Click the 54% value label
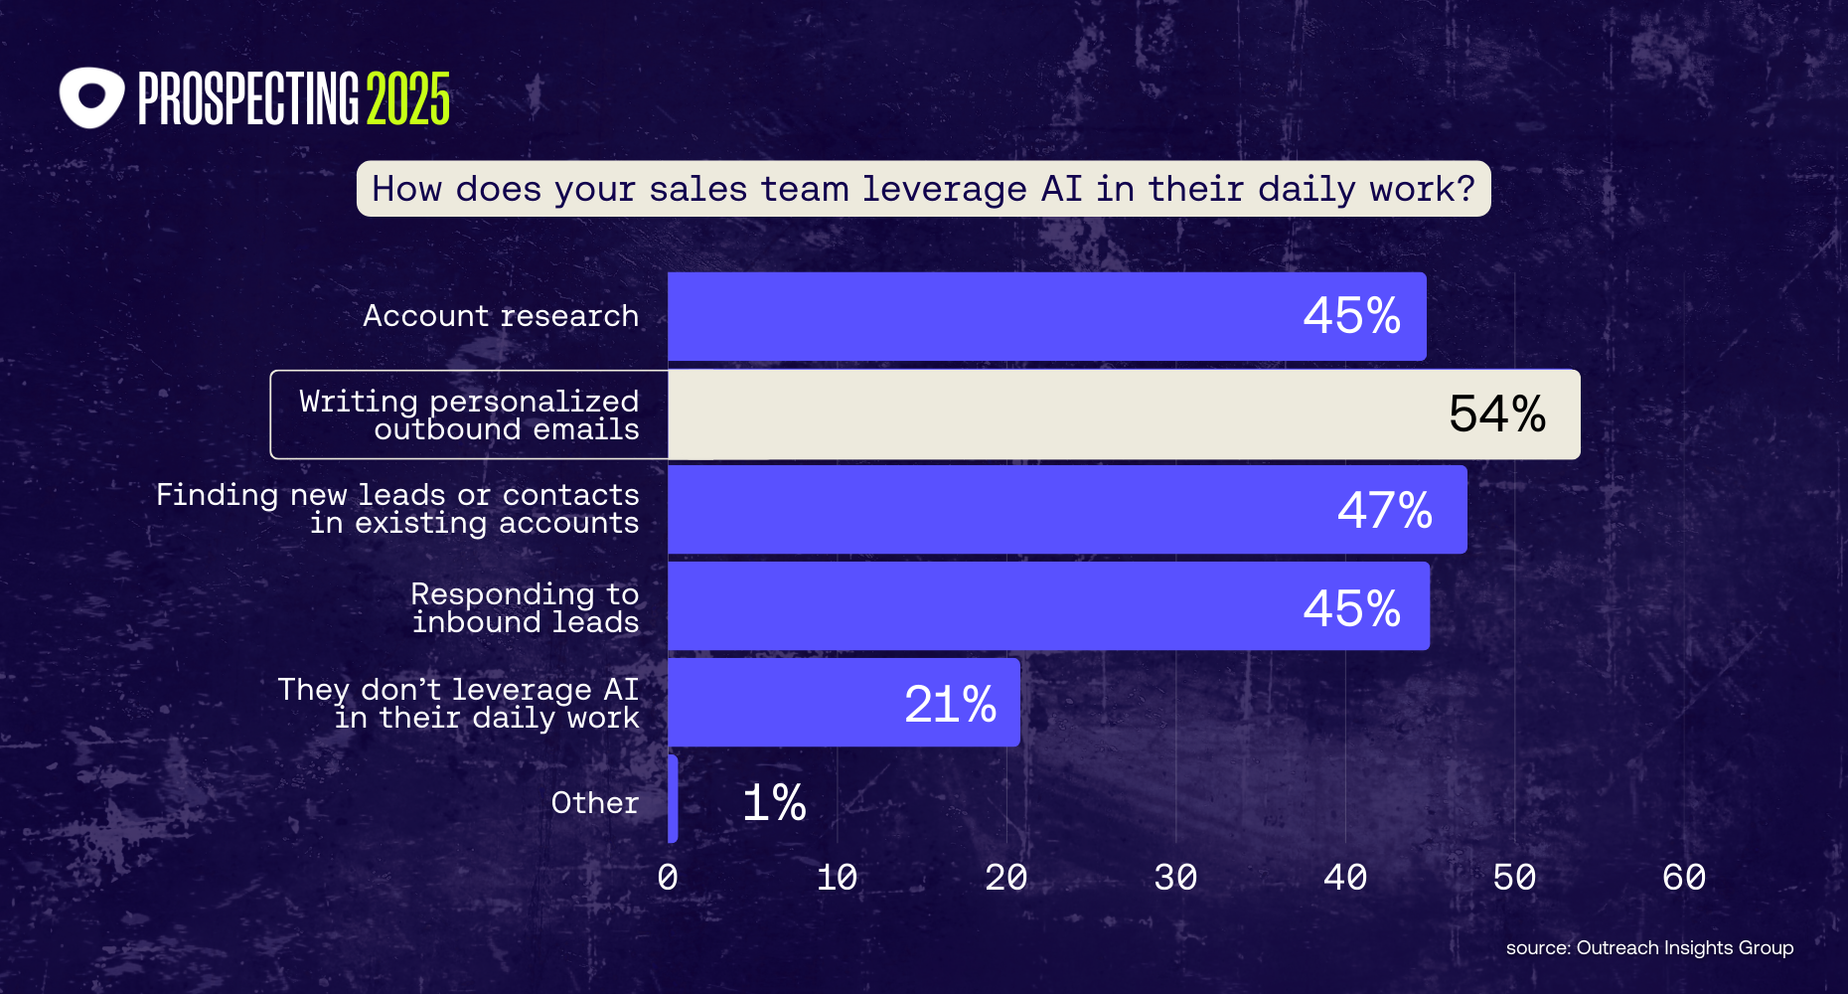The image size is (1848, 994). pyautogui.click(x=1497, y=414)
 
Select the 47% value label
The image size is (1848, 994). pyautogui.click(x=1384, y=511)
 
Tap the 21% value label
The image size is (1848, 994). pyautogui.click(x=950, y=705)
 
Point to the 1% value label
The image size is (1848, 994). pyautogui.click(x=774, y=802)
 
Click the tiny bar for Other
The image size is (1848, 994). pyautogui.click(x=673, y=799)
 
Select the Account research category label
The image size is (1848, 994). pyautogui.click(x=501, y=316)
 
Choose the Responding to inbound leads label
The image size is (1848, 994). pyautogui.click(x=525, y=607)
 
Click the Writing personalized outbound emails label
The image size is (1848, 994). pyautogui.click(x=469, y=415)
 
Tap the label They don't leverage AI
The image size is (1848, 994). pyautogui.click(x=458, y=703)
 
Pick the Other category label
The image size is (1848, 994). pyautogui.click(x=594, y=803)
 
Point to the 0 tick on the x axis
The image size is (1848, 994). pyautogui.click(x=668, y=878)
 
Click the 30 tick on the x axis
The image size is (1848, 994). pyautogui.click(x=1175, y=878)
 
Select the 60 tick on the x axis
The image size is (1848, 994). pyautogui.click(x=1684, y=878)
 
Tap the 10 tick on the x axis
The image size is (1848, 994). pyautogui.click(x=837, y=878)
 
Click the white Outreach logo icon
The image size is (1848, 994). pyautogui.click(x=91, y=97)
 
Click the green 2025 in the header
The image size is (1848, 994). pyautogui.click(x=408, y=99)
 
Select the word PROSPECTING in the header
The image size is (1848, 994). pyautogui.click(x=248, y=99)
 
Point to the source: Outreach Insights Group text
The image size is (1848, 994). pyautogui.click(x=1649, y=947)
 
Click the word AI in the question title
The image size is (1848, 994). pyautogui.click(x=1061, y=189)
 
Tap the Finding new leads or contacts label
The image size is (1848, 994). pyautogui.click(x=397, y=509)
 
